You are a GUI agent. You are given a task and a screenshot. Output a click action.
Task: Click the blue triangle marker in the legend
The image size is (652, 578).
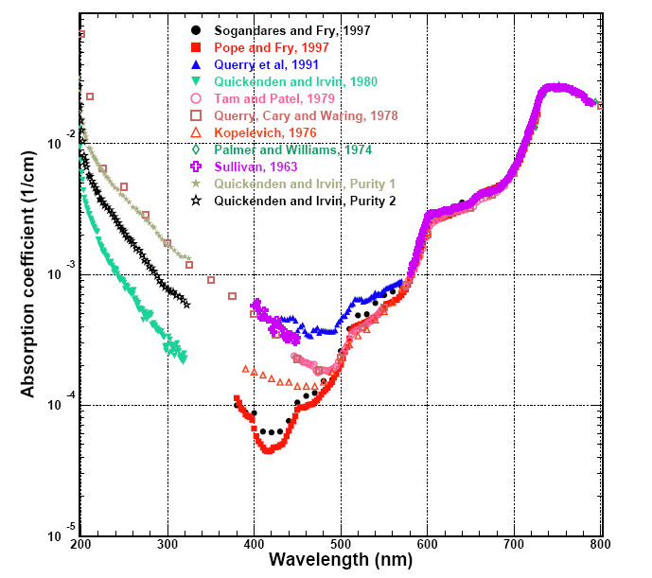point(195,64)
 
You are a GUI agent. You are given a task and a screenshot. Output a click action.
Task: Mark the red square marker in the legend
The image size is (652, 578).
point(195,47)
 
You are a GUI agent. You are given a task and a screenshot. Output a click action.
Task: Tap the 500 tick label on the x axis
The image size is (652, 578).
point(341,545)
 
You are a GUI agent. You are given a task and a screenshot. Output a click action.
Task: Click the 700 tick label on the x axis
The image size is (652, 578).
point(514,545)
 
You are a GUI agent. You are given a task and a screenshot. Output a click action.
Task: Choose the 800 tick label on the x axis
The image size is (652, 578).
point(600,545)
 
